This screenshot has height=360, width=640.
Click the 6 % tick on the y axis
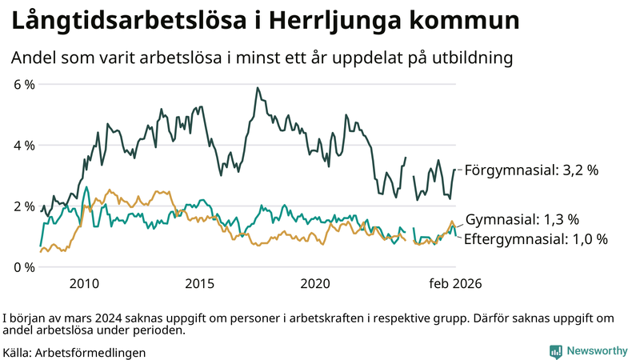coord(23,84)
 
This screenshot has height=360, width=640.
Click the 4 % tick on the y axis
coord(23,146)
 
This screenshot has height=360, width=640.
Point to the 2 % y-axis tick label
coord(23,206)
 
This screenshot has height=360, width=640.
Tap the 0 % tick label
coord(23,267)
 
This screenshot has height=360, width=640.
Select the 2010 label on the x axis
coord(85,283)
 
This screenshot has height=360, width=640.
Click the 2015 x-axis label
coord(200,283)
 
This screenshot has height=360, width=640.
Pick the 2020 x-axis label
coord(315,283)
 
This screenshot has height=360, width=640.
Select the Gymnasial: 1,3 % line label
coord(522,219)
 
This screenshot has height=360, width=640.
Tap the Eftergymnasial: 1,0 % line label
coord(536,239)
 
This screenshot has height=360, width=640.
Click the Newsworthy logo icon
coord(555,351)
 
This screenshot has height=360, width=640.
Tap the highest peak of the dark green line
coord(257,88)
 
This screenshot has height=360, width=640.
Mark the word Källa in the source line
coord(18,352)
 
